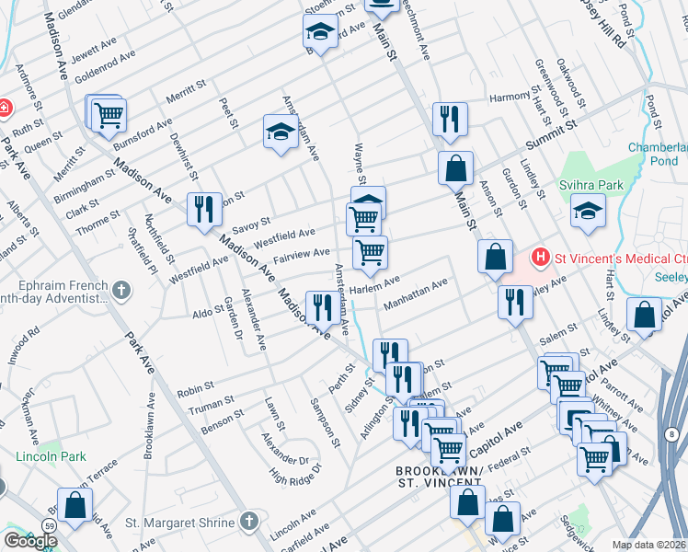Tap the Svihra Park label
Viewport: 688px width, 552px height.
click(x=591, y=185)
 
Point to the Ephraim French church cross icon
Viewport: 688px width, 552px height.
click(x=121, y=291)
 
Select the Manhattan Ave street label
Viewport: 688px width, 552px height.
click(x=416, y=293)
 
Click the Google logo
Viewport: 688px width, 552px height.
click(x=29, y=541)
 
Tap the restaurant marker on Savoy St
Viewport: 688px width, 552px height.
click(x=203, y=209)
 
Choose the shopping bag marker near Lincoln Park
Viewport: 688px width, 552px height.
click(x=75, y=504)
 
